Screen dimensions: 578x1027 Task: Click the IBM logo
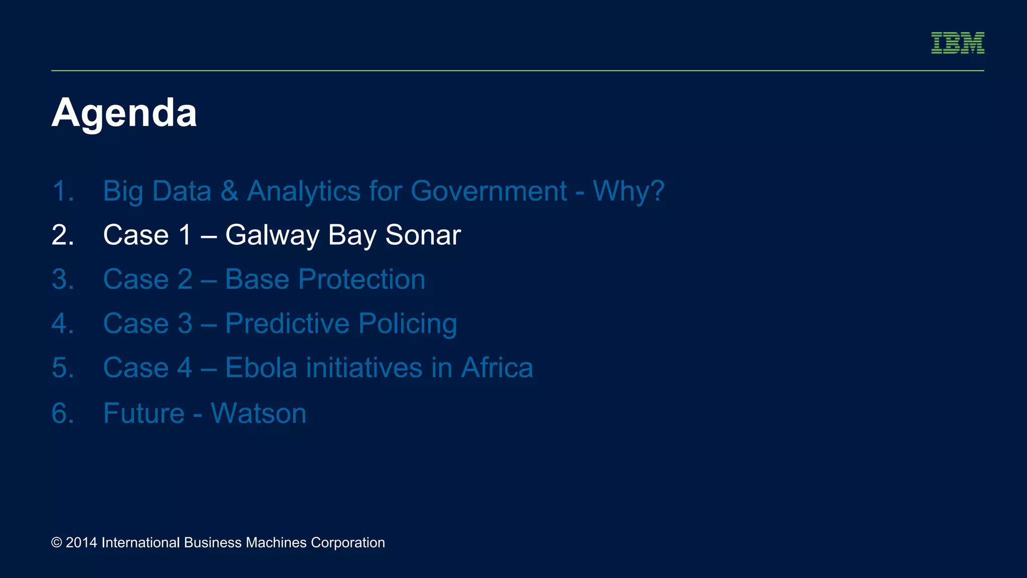click(957, 43)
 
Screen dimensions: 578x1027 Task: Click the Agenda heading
click(124, 113)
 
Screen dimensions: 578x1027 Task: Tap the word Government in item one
click(488, 191)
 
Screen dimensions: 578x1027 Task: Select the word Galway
click(272, 235)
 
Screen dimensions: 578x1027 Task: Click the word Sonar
click(423, 235)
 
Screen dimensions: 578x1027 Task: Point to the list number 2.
click(63, 235)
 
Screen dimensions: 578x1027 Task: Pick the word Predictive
click(287, 324)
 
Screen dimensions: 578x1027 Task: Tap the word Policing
click(407, 324)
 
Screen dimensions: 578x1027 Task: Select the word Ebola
click(261, 368)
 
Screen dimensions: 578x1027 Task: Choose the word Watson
click(258, 413)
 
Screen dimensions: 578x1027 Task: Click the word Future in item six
click(144, 413)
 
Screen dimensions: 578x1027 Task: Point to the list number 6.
click(63, 413)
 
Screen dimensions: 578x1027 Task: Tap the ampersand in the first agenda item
click(229, 191)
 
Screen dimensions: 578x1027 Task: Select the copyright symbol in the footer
click(57, 543)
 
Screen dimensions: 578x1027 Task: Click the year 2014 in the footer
click(81, 543)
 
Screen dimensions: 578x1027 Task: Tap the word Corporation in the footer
click(348, 543)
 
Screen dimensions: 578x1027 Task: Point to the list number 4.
click(63, 324)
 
